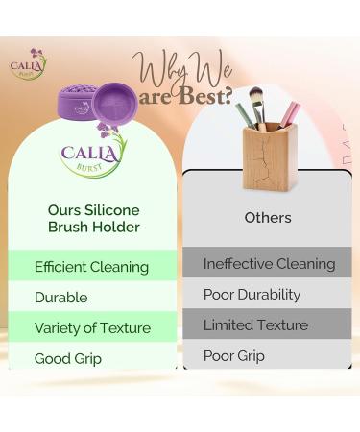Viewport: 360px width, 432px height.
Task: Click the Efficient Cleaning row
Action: click(x=91, y=267)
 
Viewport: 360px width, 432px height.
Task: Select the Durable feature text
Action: click(x=60, y=298)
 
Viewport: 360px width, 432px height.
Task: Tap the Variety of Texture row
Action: click(x=92, y=328)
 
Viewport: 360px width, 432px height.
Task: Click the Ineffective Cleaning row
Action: click(x=269, y=264)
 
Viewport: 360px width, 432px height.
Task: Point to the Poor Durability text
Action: click(x=252, y=295)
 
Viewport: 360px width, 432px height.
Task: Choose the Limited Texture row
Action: click(x=255, y=325)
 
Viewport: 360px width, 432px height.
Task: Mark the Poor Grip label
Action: click(x=234, y=356)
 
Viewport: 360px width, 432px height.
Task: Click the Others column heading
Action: click(x=267, y=218)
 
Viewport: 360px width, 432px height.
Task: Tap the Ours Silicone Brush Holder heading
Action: click(x=93, y=218)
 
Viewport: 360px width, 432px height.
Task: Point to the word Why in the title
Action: click(x=163, y=70)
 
